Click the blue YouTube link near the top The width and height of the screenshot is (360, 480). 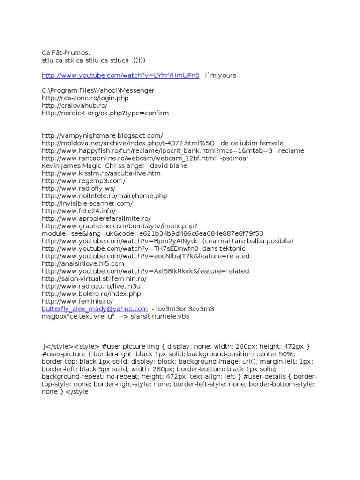tap(120, 75)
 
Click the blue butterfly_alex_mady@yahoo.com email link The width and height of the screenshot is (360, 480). tap(95, 309)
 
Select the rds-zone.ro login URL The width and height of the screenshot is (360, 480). tap(85, 98)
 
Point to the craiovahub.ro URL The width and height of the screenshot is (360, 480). tap(75, 105)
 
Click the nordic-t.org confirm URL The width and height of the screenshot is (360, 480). tap(105, 113)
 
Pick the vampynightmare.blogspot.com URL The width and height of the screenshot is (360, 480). tap(102, 135)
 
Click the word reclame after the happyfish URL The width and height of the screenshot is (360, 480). tap(291, 150)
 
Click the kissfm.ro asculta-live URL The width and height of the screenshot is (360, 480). tap(101, 173)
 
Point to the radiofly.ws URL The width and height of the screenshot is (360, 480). tap(78, 188)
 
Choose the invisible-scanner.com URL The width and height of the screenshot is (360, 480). tap(87, 203)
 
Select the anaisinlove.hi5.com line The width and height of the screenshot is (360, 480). tap(83, 263)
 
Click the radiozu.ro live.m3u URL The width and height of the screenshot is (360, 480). tap(91, 286)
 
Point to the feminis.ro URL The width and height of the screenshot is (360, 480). tap(77, 301)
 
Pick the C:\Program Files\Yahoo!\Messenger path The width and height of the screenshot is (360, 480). tap(98, 90)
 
